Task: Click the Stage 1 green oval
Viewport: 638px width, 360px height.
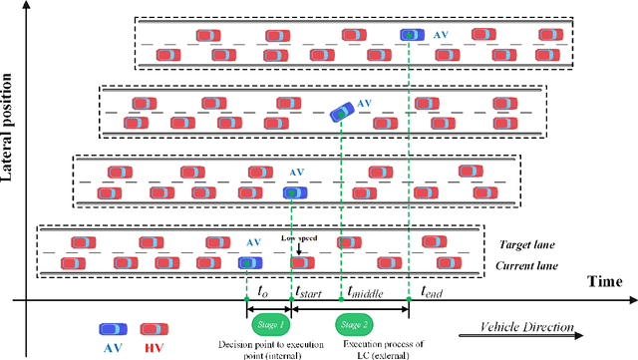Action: point(268,325)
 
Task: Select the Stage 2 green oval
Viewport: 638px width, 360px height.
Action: point(350,325)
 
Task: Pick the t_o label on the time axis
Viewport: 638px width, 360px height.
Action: point(262,293)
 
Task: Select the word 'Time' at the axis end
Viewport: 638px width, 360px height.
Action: point(605,284)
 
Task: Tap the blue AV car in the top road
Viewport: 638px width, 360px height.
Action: point(412,35)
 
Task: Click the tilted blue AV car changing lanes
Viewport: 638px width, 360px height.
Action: point(340,113)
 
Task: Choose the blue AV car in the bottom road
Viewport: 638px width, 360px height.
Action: point(249,263)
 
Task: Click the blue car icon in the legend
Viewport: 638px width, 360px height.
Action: point(112,328)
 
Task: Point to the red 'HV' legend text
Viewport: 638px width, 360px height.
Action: point(153,348)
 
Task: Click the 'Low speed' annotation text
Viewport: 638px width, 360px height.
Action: point(297,239)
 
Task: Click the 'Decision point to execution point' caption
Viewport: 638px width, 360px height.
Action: point(266,349)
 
